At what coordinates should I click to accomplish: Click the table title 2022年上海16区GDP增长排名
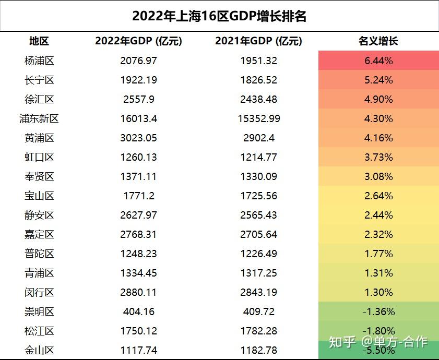click(x=219, y=16)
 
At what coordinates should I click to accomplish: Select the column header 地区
click(x=39, y=41)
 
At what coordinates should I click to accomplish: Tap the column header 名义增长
click(x=378, y=41)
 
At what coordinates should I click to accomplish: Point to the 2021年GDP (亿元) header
click(x=258, y=41)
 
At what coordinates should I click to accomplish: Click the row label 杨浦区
click(x=39, y=61)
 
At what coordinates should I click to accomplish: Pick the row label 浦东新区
click(x=39, y=118)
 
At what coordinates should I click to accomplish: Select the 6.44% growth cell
click(x=378, y=61)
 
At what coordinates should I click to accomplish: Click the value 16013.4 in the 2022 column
click(x=138, y=118)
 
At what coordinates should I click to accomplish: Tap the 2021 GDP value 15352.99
click(x=258, y=118)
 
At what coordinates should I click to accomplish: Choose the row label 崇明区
click(x=39, y=311)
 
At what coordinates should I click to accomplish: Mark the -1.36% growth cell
click(x=378, y=311)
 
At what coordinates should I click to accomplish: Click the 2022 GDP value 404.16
click(x=138, y=311)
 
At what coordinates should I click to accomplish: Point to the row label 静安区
click(x=39, y=215)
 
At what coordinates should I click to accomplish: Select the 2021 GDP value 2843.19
click(x=258, y=292)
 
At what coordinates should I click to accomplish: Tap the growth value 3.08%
click(x=378, y=176)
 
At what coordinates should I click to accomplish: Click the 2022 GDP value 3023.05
click(x=138, y=138)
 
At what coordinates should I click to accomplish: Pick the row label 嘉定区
click(x=39, y=234)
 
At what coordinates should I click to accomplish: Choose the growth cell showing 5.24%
click(x=378, y=80)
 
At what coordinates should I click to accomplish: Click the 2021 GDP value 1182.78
click(x=258, y=350)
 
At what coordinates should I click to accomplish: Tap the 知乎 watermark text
click(x=342, y=342)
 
